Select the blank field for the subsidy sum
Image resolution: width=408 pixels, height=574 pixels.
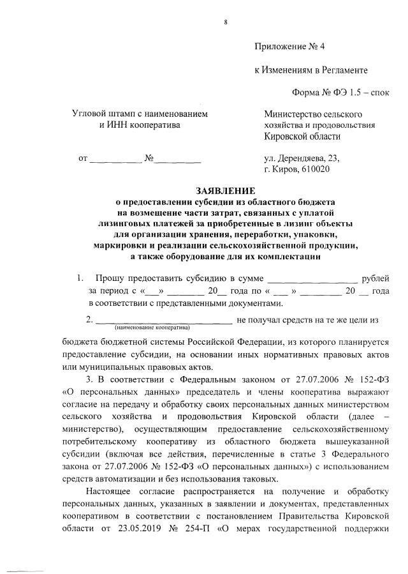click(x=312, y=279)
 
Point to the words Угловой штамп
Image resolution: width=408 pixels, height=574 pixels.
click(x=104, y=114)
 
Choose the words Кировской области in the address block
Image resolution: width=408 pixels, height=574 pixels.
click(x=302, y=136)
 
